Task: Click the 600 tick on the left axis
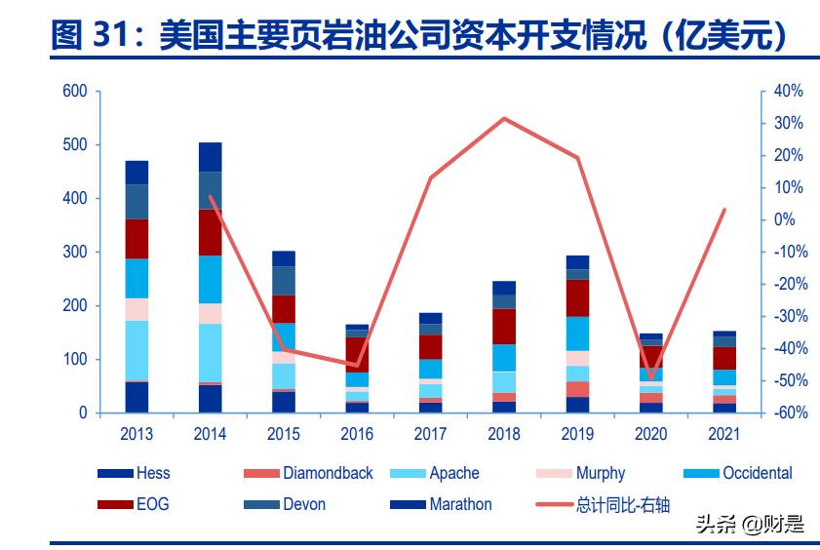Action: tap(75, 92)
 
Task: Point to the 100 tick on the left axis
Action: tap(75, 360)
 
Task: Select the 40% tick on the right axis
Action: tap(788, 92)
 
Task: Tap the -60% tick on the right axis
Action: tap(786, 413)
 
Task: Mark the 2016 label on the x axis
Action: tap(357, 432)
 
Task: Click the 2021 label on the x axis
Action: tap(723, 432)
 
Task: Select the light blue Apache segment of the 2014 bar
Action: tap(211, 352)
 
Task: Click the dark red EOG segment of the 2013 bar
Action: tap(137, 239)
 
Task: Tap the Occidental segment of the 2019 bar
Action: tap(577, 334)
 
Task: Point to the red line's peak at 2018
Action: tap(504, 119)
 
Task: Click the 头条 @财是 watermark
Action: tap(750, 525)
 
